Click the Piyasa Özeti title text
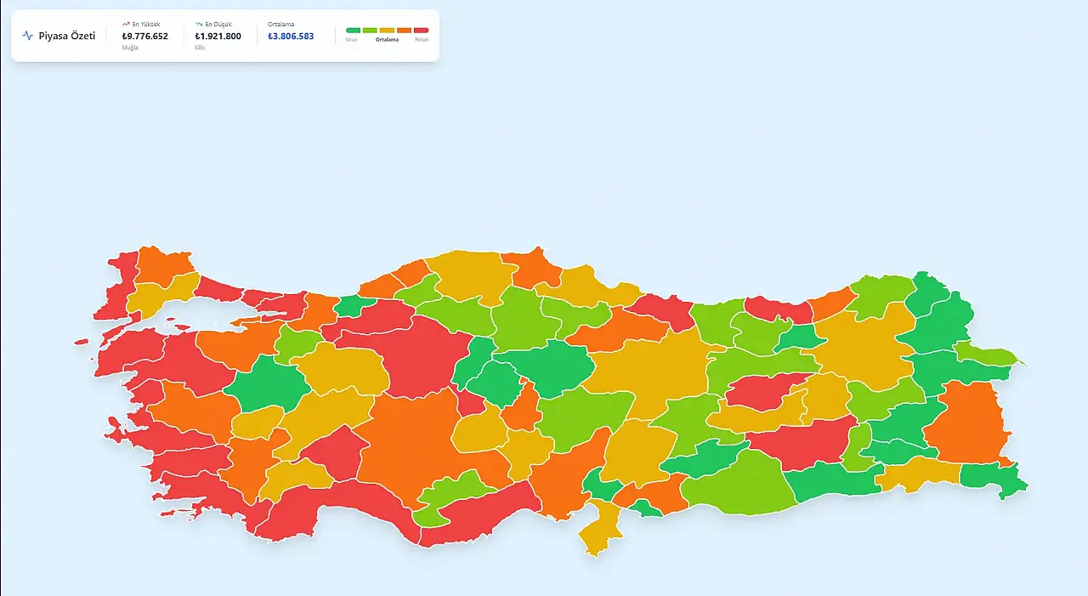point(66,36)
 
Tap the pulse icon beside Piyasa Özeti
point(28,36)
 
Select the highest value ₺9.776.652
point(144,37)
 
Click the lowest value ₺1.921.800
point(218,37)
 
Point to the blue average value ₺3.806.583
point(290,37)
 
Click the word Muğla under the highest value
point(129,48)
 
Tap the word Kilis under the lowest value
point(200,48)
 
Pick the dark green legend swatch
point(353,30)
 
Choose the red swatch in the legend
point(421,30)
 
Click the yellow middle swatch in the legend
point(387,30)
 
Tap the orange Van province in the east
point(965,421)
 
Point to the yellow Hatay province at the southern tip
point(601,531)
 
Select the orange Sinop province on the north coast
point(531,268)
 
